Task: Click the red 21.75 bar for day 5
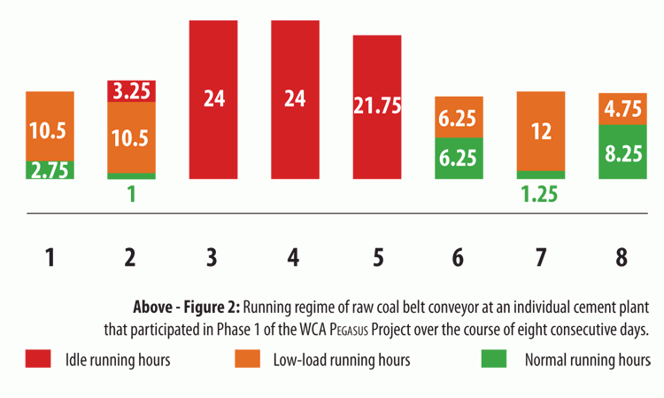[x=377, y=106]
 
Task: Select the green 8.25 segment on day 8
[x=622, y=152]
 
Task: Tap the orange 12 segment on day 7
[x=541, y=132]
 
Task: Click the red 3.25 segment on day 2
[x=131, y=90]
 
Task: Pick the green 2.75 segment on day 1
[x=50, y=169]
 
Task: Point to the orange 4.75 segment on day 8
[x=622, y=108]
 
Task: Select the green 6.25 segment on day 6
[x=459, y=158]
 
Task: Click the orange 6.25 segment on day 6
[x=459, y=117]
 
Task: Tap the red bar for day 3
[x=213, y=98]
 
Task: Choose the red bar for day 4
[x=295, y=98]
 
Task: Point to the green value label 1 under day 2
[x=131, y=195]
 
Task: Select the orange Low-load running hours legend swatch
[x=247, y=360]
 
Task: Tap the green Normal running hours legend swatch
[x=494, y=360]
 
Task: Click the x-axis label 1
[x=50, y=258]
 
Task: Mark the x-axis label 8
[x=622, y=258]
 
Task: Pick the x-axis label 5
[x=377, y=258]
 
